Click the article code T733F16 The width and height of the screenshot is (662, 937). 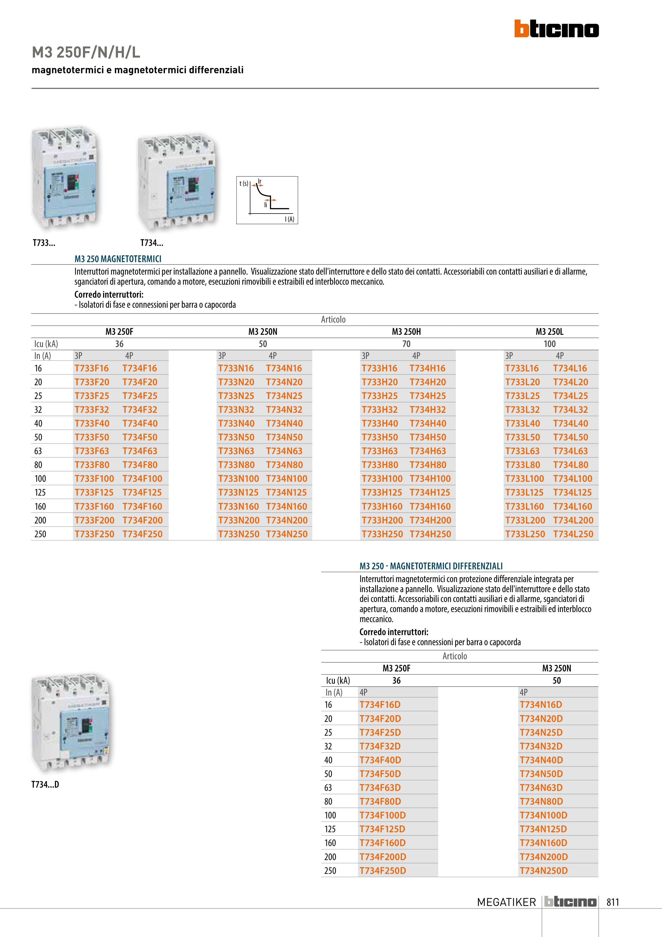coord(91,368)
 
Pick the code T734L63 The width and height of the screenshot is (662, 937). coord(570,451)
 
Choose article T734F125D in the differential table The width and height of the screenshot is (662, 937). coord(382,829)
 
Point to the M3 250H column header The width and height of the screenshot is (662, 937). coord(406,332)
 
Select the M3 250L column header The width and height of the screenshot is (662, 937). coord(549,332)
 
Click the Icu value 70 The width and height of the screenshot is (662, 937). coord(406,344)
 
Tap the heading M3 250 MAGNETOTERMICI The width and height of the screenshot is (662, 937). coord(118,259)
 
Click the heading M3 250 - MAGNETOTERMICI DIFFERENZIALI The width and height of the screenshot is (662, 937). coord(431,566)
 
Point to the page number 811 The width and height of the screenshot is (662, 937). coord(613,902)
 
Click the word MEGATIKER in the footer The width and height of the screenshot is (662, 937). coord(506,902)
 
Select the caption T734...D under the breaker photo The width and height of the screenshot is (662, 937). coord(45,784)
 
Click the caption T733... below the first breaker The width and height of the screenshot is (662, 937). coord(44,243)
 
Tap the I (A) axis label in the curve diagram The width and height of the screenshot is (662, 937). coord(289,219)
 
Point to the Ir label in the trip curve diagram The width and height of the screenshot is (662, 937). coord(259,181)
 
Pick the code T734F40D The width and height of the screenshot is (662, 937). coord(380,760)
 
